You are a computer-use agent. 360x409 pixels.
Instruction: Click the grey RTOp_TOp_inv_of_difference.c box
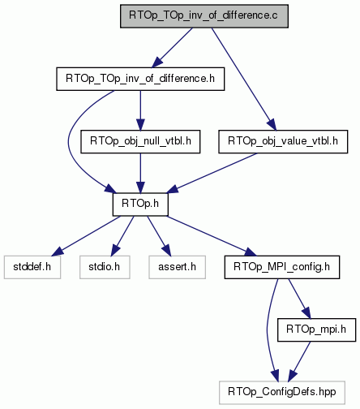pos(204,16)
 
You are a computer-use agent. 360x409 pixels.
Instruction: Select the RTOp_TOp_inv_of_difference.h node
pos(140,79)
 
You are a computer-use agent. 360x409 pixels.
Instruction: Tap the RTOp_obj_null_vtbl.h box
pos(140,141)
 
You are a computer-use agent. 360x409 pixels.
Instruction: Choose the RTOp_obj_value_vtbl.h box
pos(283,141)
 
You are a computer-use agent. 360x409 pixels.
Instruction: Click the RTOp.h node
pos(140,204)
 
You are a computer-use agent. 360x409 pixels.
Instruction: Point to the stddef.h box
pos(32,267)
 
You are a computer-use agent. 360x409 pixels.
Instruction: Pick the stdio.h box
pos(105,267)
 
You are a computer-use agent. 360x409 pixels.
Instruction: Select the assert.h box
pos(177,267)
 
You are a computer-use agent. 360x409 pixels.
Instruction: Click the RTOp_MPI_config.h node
pos(282,267)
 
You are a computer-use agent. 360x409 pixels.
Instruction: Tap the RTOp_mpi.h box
pos(316,329)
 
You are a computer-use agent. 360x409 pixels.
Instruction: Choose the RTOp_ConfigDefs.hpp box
pos(282,393)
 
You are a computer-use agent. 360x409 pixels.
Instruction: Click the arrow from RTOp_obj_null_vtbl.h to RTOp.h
pos(140,173)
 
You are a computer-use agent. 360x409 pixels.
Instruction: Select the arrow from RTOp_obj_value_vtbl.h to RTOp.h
pos(212,173)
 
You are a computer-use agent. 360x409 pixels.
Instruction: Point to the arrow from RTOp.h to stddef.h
pos(86,235)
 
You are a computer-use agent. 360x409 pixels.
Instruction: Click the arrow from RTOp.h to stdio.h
pos(122,235)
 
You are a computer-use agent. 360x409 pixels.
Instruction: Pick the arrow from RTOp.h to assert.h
pos(159,235)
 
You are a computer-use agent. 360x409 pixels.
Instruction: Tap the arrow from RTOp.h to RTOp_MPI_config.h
pos(211,235)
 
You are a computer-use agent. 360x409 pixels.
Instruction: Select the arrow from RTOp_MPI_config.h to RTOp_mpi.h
pos(299,299)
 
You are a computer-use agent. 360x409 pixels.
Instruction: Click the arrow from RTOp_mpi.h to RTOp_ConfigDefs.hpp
pos(299,361)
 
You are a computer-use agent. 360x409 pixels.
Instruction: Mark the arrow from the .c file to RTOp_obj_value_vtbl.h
pos(244,79)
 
